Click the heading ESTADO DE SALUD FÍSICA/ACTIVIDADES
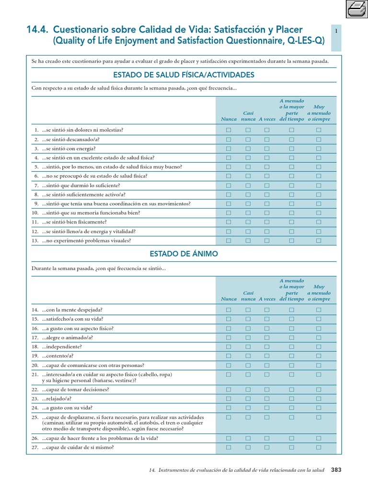pyautogui.click(x=184, y=75)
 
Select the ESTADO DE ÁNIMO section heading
pyautogui.click(x=184, y=254)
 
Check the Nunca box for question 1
pyautogui.click(x=229, y=130)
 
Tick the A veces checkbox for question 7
pyautogui.click(x=267, y=186)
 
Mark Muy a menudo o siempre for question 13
pyautogui.click(x=319, y=241)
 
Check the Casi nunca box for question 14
pyautogui.click(x=248, y=310)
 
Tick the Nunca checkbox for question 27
pyautogui.click(x=229, y=447)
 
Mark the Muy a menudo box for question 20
pyautogui.click(x=319, y=365)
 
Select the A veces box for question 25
pyautogui.click(x=267, y=417)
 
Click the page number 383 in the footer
pyautogui.click(x=336, y=470)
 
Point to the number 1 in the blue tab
pyautogui.click(x=337, y=31)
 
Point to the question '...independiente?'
pyautogui.click(x=62, y=346)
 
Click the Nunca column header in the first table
pyautogui.click(x=229, y=119)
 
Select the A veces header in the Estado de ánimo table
pyautogui.click(x=267, y=299)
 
